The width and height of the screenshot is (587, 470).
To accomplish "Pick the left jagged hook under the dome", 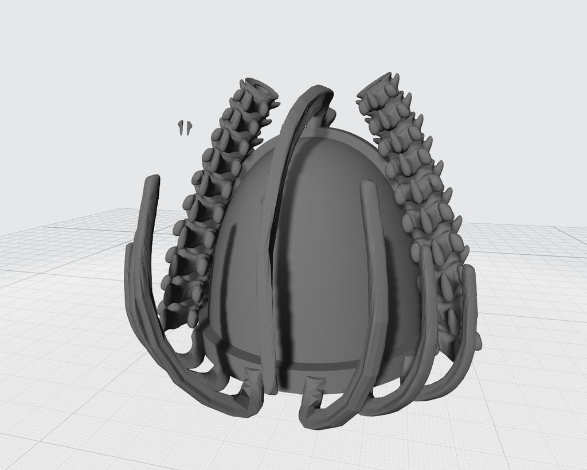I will coord(250,381).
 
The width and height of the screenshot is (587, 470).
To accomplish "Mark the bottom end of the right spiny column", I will coord(459,339).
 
